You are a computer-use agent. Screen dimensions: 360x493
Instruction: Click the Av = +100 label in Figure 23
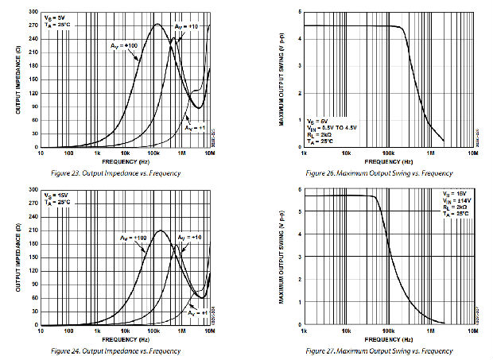[124, 45]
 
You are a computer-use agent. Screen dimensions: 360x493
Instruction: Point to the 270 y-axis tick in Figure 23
[32, 26]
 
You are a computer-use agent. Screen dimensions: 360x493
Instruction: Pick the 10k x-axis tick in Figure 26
[347, 152]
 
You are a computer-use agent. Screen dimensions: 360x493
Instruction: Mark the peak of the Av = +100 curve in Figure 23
[157, 24]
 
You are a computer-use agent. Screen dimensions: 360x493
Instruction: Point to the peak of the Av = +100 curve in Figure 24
[160, 230]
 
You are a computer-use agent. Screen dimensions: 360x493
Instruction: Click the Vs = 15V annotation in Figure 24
[56, 194]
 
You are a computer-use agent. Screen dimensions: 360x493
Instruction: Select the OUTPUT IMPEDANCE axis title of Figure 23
[17, 79]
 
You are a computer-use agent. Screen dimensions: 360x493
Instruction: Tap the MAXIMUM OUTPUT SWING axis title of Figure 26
[284, 79]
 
